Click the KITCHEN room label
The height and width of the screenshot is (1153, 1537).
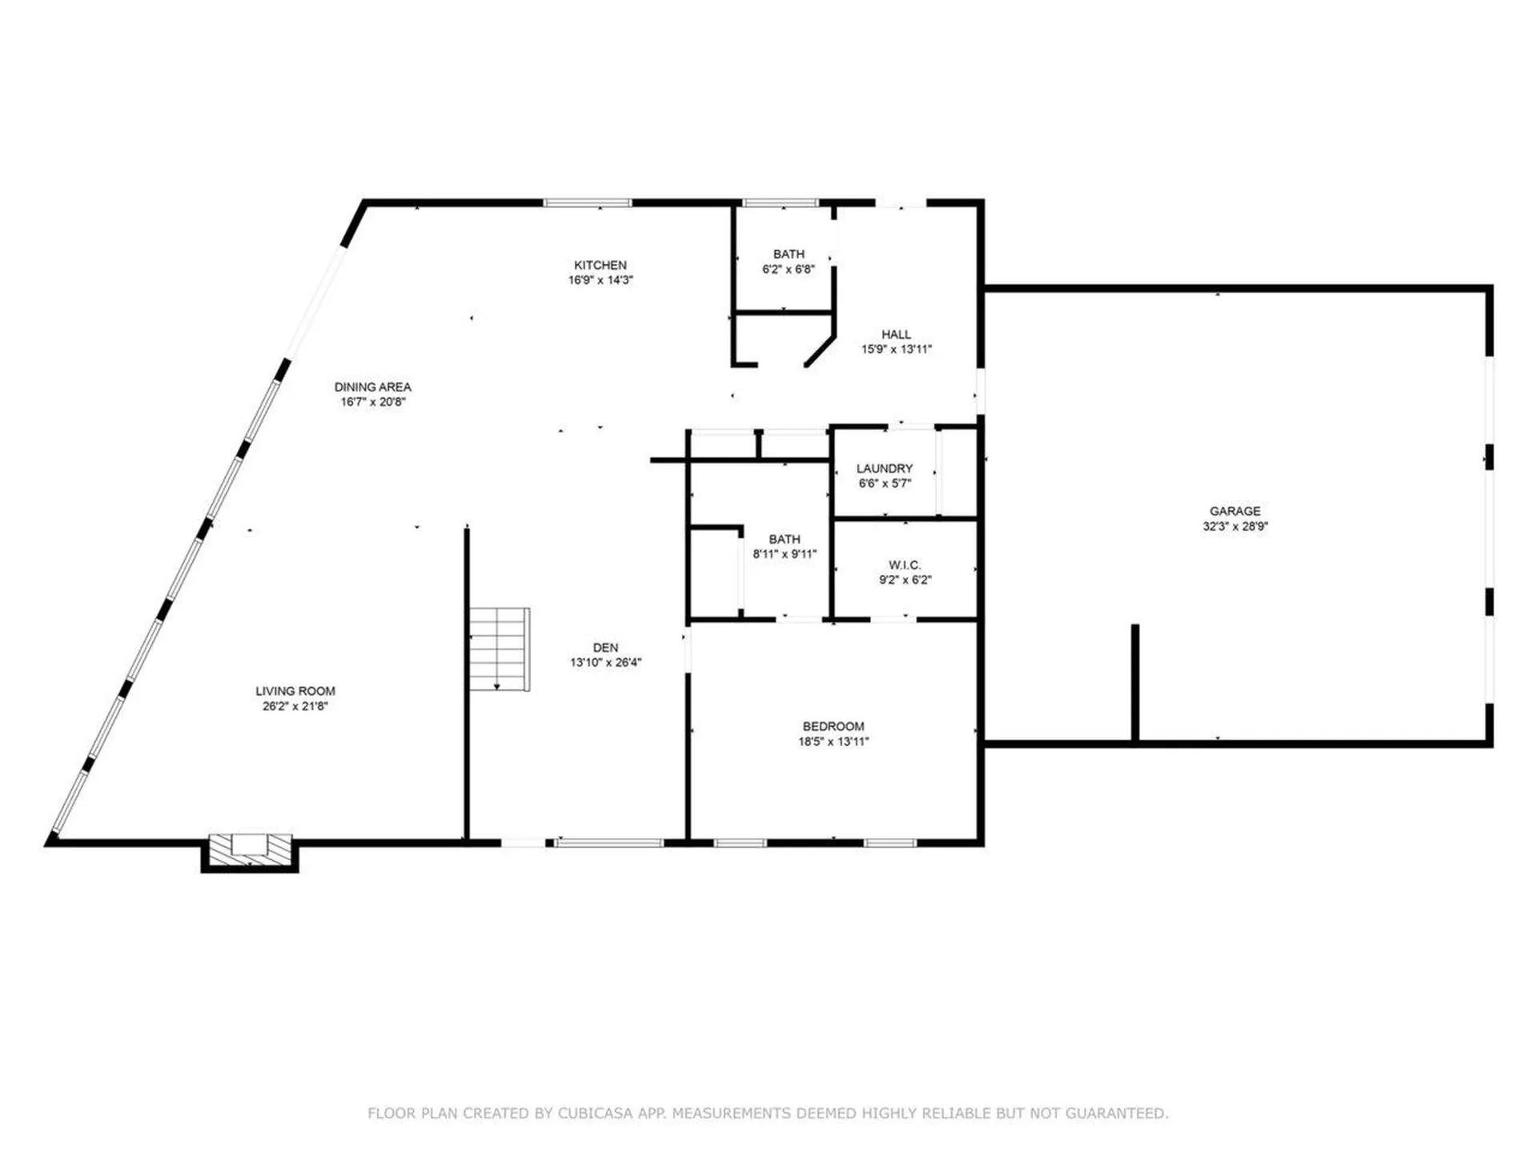[600, 265]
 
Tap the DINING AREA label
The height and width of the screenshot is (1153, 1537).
[372, 387]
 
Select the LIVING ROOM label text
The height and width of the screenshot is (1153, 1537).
[295, 691]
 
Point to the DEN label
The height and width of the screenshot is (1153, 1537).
[605, 648]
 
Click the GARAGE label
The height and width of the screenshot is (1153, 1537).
[1234, 511]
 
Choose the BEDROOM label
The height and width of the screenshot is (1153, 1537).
[833, 726]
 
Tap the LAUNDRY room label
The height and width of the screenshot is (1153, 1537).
[885, 468]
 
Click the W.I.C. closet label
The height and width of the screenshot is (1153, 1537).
[905, 565]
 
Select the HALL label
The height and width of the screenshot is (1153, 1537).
[896, 334]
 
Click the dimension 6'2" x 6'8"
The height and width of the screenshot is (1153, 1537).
[788, 269]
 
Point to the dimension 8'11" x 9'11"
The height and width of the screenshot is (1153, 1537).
[784, 553]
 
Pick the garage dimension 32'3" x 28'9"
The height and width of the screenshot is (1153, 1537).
[1234, 526]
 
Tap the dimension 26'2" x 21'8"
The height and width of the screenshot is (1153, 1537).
[295, 706]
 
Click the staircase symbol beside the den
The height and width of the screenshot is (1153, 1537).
[499, 649]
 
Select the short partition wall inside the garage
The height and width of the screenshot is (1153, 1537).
[1134, 682]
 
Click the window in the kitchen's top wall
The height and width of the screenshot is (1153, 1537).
[587, 203]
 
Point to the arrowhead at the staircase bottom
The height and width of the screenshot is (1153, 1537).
[497, 686]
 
